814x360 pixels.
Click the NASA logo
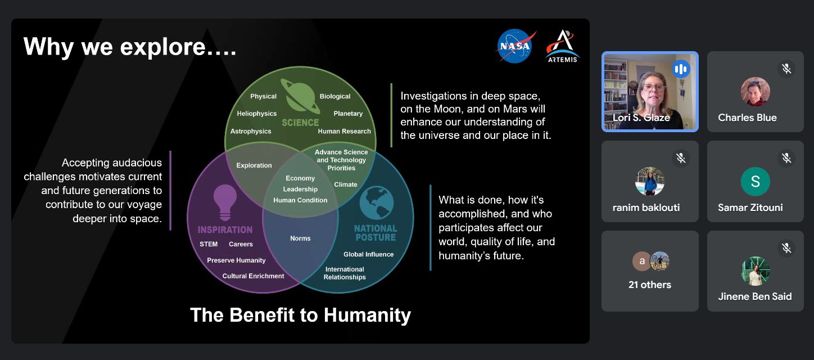(x=516, y=46)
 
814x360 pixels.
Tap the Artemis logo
(x=562, y=46)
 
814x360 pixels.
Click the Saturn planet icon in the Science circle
(x=301, y=97)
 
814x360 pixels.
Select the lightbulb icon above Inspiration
(x=225, y=202)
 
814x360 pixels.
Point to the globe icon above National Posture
(x=377, y=202)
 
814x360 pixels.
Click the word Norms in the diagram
(x=300, y=238)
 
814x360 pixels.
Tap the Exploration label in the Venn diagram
(x=254, y=165)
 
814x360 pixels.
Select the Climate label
(x=346, y=184)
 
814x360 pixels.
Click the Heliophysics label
(x=256, y=114)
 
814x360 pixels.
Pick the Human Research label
(x=345, y=131)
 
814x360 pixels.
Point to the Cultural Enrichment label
(x=254, y=276)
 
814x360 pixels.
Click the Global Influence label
(x=368, y=254)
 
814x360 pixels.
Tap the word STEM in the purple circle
(x=209, y=244)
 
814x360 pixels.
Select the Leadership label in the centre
(x=300, y=189)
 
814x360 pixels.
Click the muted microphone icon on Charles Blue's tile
(x=786, y=69)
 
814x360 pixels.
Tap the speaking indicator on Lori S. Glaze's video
(x=681, y=69)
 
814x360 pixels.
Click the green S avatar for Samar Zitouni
(x=755, y=181)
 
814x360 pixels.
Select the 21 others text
(x=650, y=285)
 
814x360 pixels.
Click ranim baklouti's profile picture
(x=650, y=181)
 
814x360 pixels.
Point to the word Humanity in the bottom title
(x=367, y=315)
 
